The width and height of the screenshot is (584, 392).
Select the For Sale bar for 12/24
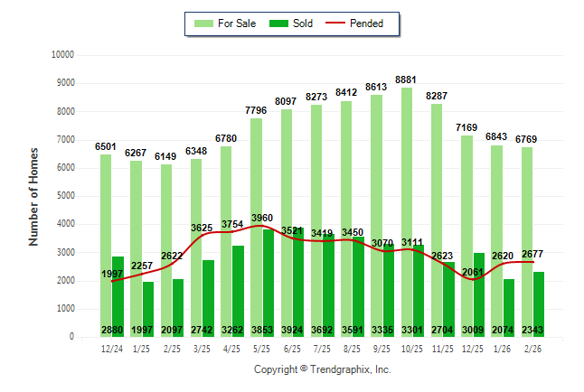click(106, 245)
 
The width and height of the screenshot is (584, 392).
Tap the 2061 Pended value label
click(471, 272)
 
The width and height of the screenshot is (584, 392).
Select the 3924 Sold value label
click(291, 329)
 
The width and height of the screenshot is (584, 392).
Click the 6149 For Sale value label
click(166, 156)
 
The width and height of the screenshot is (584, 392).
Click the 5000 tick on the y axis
click(64, 196)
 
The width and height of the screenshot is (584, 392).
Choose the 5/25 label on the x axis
click(262, 348)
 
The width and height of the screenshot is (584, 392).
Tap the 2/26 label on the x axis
click(532, 348)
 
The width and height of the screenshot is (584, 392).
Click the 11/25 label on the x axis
click(442, 348)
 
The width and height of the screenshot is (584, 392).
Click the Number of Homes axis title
click(33, 196)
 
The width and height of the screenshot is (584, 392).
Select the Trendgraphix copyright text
click(322, 369)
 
